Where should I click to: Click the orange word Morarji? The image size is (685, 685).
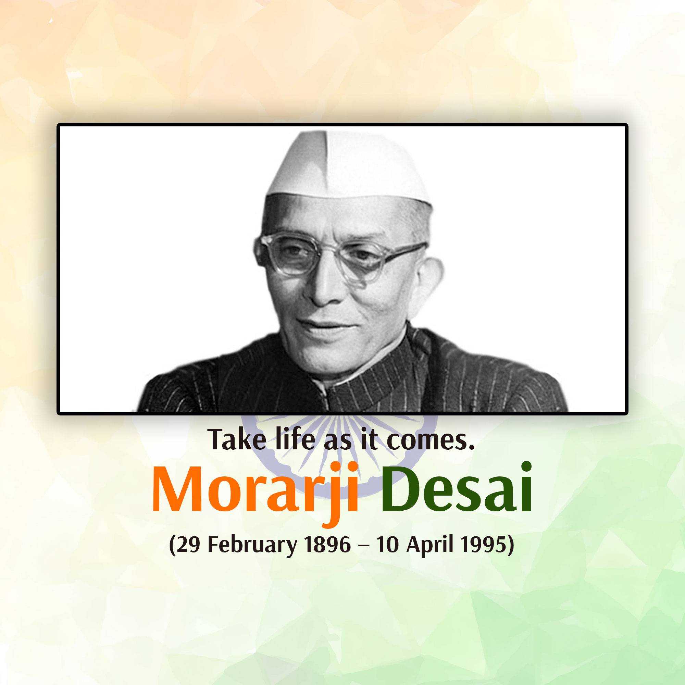pos(254,493)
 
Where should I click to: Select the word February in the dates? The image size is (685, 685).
pos(252,546)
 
